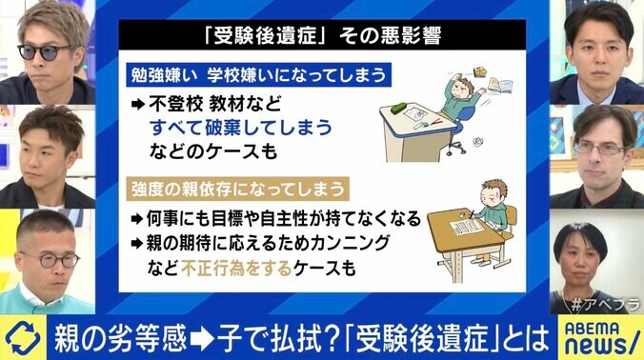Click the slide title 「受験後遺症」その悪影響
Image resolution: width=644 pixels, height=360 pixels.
(321, 41)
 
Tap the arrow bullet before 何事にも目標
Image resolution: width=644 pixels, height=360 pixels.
(138, 218)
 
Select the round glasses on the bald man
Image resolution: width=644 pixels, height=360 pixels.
(49, 258)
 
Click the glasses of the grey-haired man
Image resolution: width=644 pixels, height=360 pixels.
(597, 147)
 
